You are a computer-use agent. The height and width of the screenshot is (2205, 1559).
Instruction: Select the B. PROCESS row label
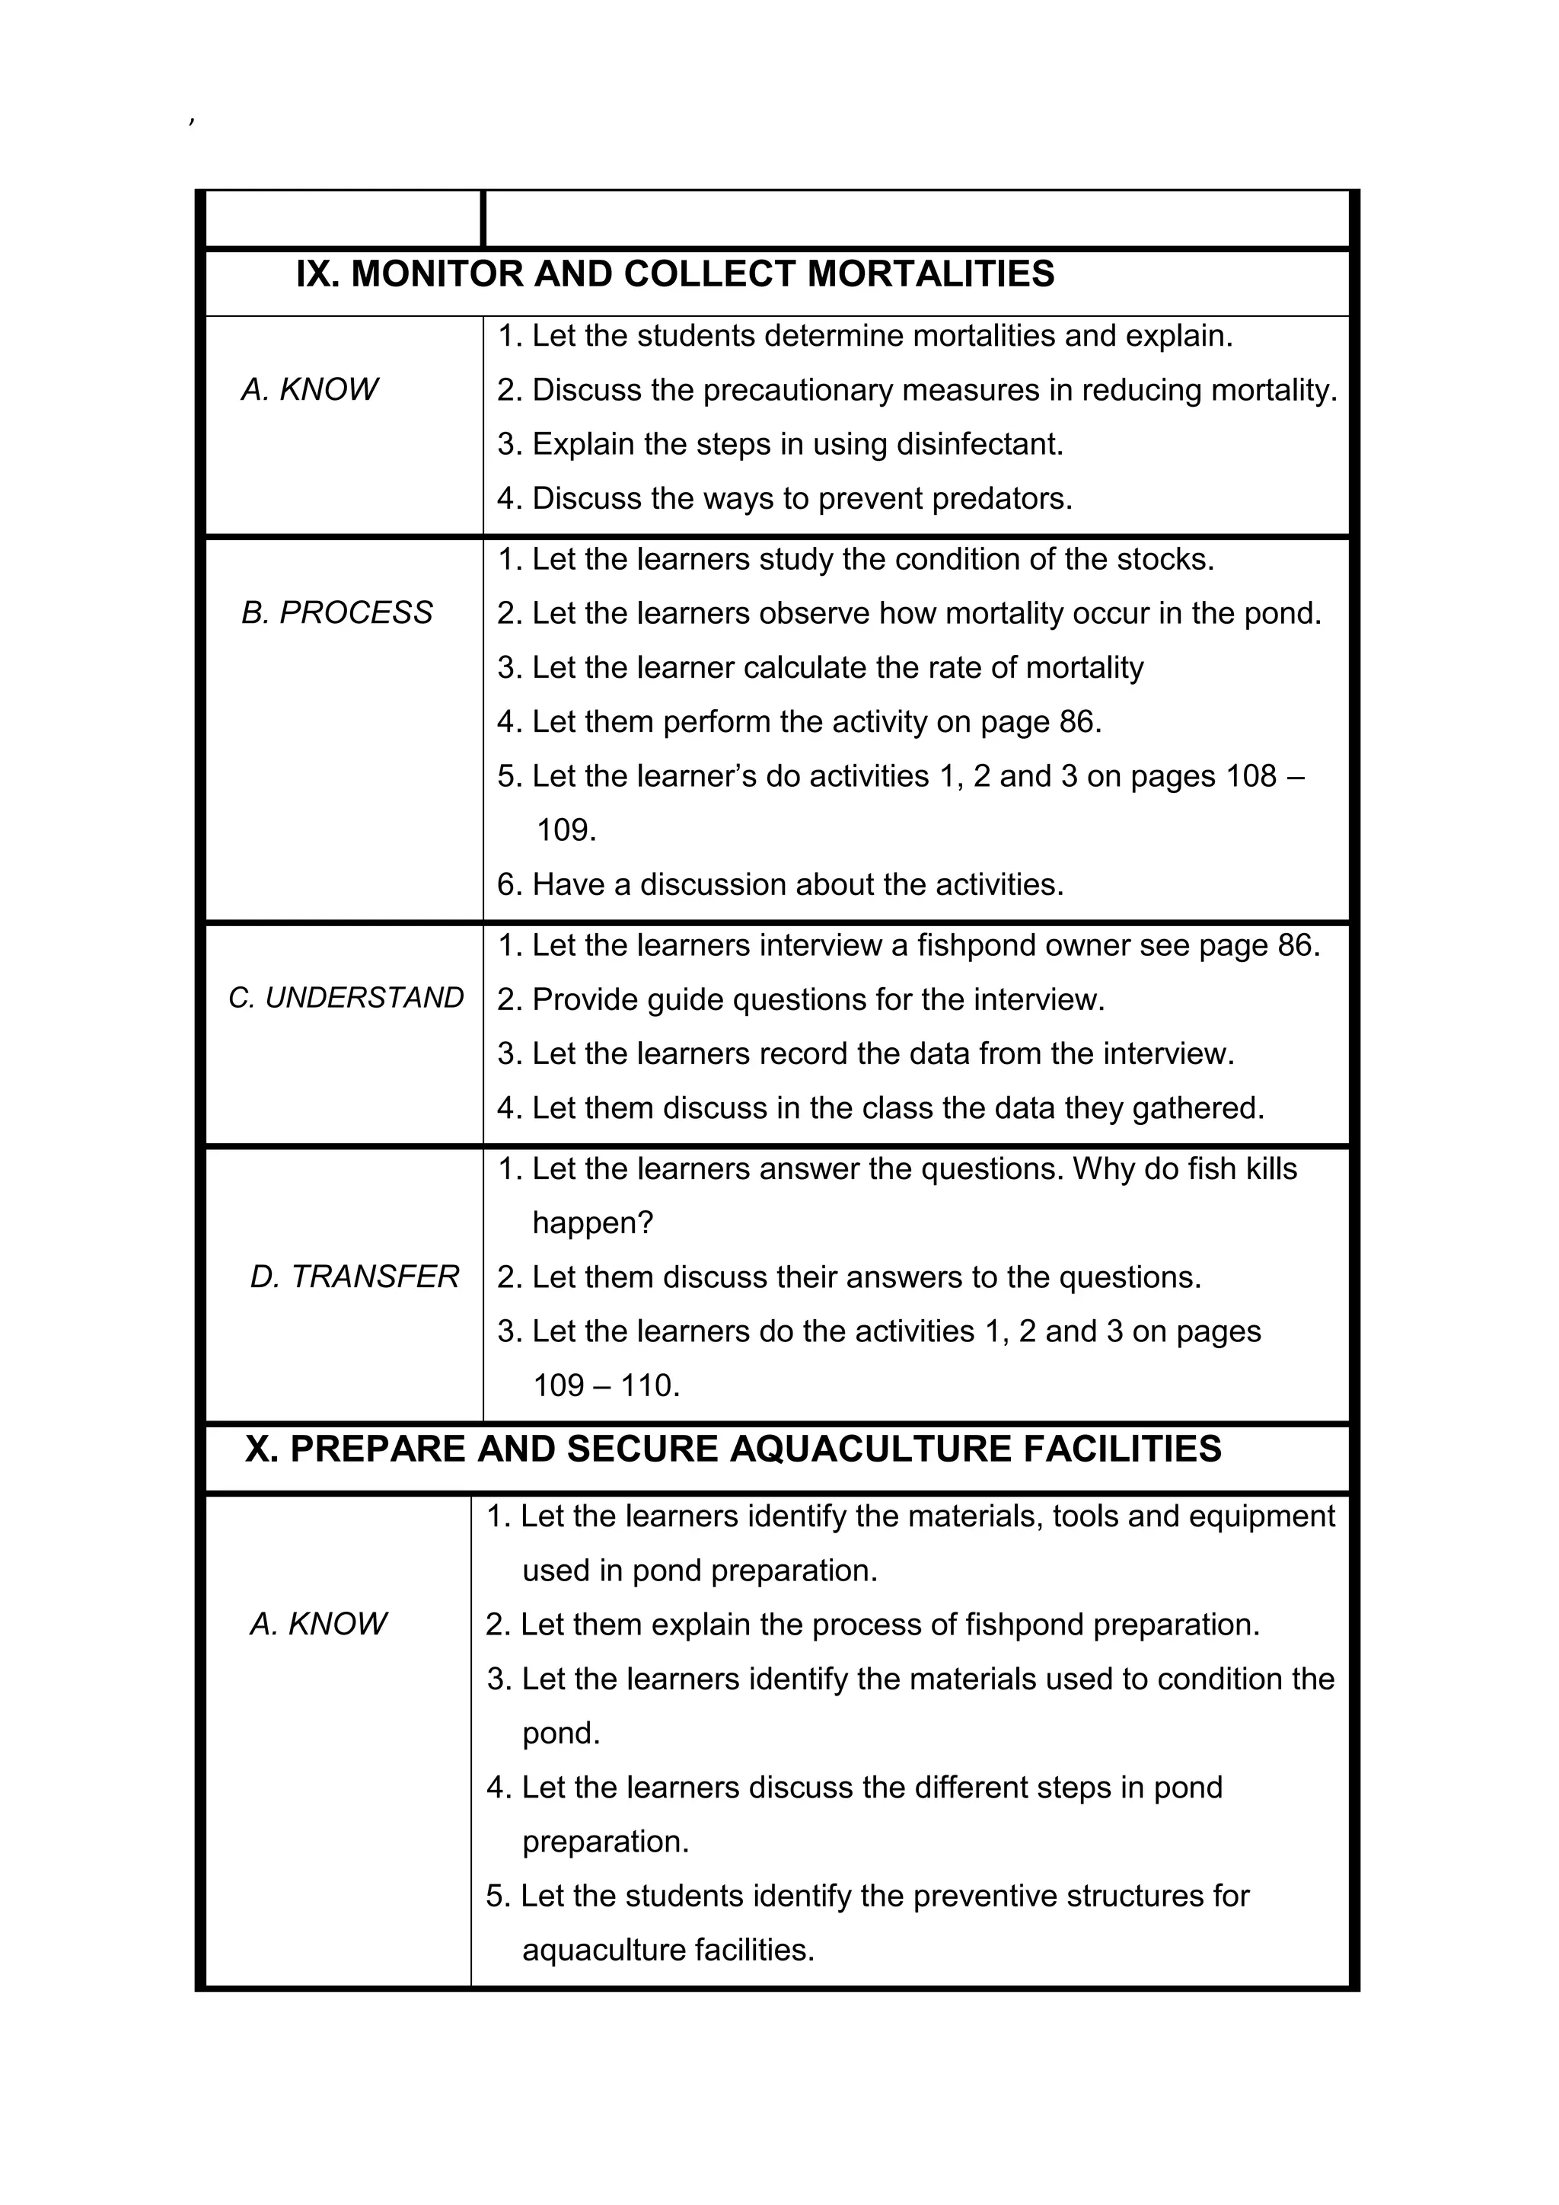tap(337, 612)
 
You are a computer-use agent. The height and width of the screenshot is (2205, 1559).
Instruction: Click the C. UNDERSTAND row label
tap(346, 998)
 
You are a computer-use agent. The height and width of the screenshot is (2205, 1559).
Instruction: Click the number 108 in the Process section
tap(1251, 776)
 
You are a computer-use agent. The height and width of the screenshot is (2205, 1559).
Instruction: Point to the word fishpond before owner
tap(975, 945)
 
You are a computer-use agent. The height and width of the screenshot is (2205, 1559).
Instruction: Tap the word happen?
tap(592, 1223)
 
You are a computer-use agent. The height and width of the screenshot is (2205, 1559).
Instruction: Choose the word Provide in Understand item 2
tap(585, 1000)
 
